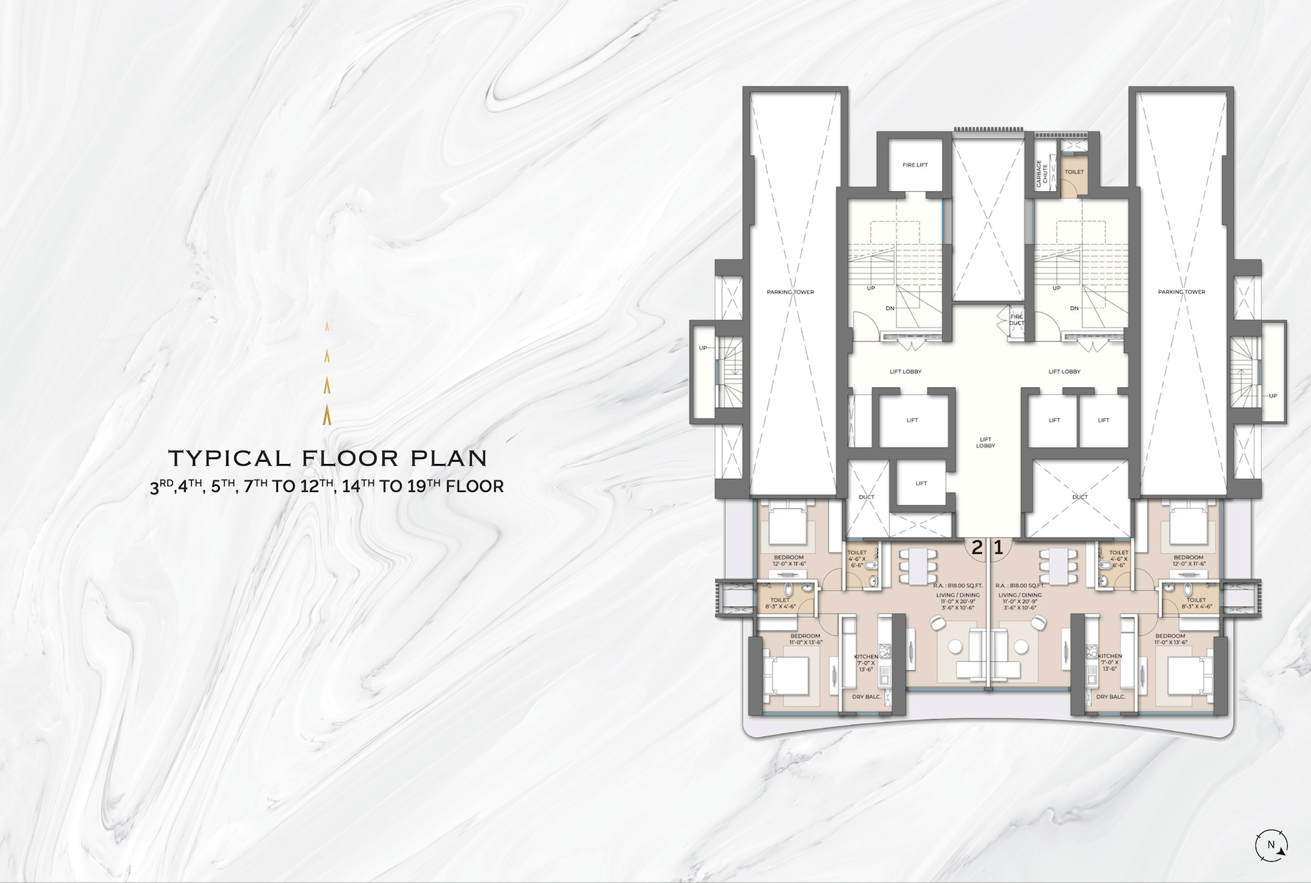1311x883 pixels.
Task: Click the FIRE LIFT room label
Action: pyautogui.click(x=915, y=165)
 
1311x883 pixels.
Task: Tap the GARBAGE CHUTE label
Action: pyautogui.click(x=1042, y=173)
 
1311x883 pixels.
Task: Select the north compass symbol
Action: pyautogui.click(x=1271, y=845)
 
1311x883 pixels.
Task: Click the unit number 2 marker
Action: pyautogui.click(x=977, y=547)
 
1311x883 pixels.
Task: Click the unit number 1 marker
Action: pyautogui.click(x=998, y=547)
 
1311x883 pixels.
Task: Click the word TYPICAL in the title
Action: pyautogui.click(x=230, y=458)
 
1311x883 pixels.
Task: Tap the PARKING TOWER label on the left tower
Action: pyautogui.click(x=790, y=292)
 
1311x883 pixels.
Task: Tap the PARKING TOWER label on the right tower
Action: pyautogui.click(x=1181, y=292)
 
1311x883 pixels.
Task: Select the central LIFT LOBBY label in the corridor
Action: pyautogui.click(x=985, y=443)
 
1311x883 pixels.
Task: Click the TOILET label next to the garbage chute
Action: pyautogui.click(x=1074, y=172)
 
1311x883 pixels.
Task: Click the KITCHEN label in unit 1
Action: pyautogui.click(x=1110, y=656)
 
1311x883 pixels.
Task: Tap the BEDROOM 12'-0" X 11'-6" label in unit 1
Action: pyautogui.click(x=1189, y=561)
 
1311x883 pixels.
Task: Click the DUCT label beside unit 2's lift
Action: pyautogui.click(x=866, y=497)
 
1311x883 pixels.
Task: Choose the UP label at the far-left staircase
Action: pyautogui.click(x=703, y=348)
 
